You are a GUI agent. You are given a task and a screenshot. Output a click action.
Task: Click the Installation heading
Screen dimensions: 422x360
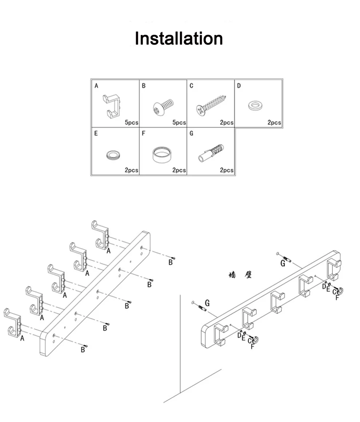point(179,39)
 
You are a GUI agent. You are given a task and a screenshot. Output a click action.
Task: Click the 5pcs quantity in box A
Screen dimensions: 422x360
point(132,123)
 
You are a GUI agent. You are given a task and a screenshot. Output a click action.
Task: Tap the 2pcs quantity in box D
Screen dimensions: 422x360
point(274,123)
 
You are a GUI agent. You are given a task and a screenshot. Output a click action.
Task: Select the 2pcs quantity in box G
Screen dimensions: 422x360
point(227,170)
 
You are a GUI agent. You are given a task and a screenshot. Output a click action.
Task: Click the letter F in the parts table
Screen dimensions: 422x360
point(144,134)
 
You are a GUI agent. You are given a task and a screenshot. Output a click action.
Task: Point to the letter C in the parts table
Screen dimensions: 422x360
point(191,86)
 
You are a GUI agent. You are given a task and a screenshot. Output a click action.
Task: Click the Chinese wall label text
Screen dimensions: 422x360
point(240,275)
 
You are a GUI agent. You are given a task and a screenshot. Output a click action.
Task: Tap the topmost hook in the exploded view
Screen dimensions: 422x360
point(100,235)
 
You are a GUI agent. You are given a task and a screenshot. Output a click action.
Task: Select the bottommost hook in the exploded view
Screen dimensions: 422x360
point(13,323)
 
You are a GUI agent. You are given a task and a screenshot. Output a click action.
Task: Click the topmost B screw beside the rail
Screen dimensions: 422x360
point(173,258)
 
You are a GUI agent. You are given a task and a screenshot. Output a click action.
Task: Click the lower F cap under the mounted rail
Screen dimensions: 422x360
point(256,340)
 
